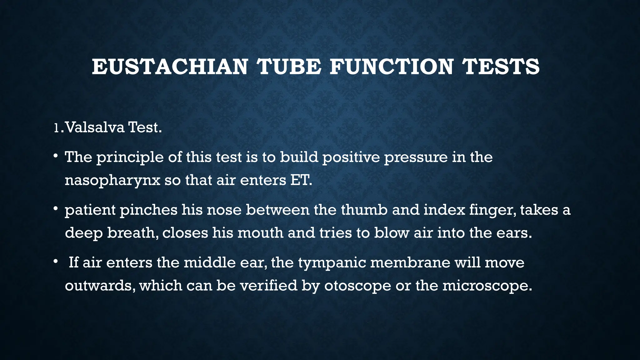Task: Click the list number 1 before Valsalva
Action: (x=56, y=127)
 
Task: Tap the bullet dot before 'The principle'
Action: (x=55, y=155)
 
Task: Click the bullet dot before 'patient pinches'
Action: (x=55, y=208)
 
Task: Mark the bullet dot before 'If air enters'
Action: (x=55, y=261)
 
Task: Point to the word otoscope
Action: (x=357, y=286)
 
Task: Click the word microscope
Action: (x=486, y=286)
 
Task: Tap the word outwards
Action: (x=100, y=286)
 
